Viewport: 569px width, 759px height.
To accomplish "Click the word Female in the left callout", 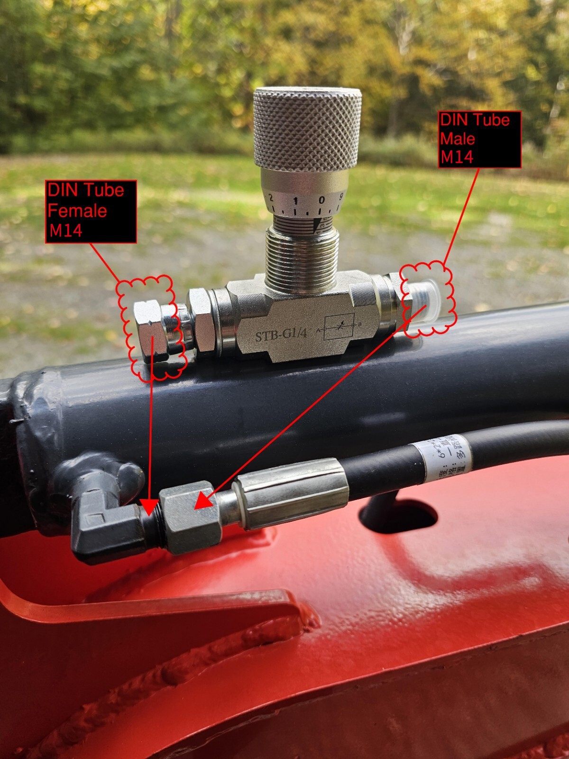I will point(77,210).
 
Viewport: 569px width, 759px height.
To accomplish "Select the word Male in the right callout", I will point(458,139).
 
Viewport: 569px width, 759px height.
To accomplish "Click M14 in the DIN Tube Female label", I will point(66,231).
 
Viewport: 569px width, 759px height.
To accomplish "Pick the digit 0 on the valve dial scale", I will point(321,200).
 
